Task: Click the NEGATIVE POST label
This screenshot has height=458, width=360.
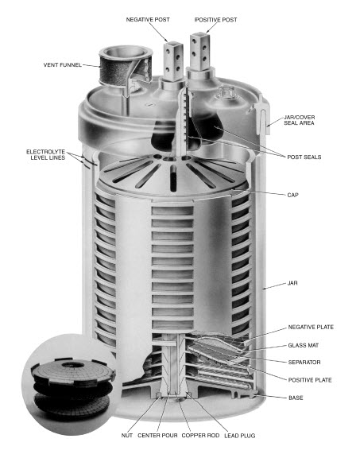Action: tap(148, 20)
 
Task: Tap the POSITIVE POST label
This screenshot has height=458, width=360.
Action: tap(216, 20)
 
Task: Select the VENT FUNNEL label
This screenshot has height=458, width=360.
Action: tap(63, 65)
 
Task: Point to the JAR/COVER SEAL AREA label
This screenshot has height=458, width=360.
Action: tap(299, 120)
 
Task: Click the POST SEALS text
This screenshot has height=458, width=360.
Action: tap(304, 157)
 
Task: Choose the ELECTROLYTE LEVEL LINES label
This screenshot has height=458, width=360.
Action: tap(46, 155)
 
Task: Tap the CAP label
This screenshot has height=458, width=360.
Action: tap(292, 195)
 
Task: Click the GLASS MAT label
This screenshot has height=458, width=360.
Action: tap(304, 345)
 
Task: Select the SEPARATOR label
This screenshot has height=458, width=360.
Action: tap(304, 363)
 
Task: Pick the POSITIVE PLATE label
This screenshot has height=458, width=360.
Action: tap(310, 380)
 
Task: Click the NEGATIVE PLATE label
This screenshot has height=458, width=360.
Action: tap(311, 327)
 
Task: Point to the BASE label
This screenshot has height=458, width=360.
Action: tap(296, 398)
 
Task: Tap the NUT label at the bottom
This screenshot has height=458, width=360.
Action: tap(126, 436)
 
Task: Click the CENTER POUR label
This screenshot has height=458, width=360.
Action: tap(157, 436)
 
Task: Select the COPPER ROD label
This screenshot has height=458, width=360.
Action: tap(200, 436)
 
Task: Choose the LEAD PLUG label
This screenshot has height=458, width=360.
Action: tap(240, 436)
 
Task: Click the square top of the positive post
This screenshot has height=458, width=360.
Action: tap(199, 37)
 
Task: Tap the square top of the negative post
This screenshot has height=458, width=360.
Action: tap(173, 45)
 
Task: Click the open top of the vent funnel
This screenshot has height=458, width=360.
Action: tap(126, 52)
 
